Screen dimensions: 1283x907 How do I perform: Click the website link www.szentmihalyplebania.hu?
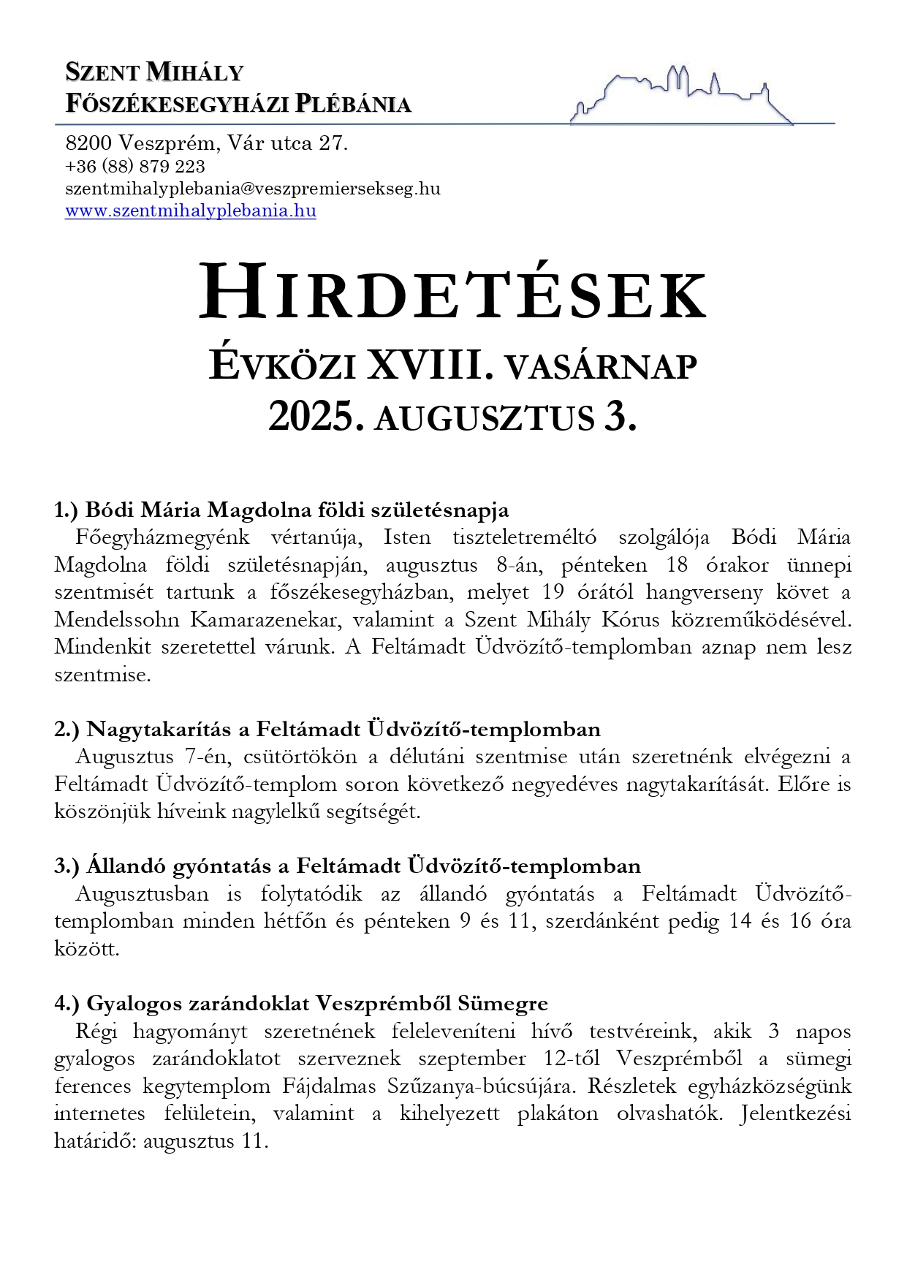tap(190, 211)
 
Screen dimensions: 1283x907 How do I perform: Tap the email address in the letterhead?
tap(252, 189)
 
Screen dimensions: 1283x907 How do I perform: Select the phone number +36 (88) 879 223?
tap(135, 167)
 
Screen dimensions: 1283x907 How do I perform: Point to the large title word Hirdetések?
tap(453, 294)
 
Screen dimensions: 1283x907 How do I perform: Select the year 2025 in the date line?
tap(316, 417)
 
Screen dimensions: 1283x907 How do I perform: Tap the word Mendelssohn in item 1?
tap(117, 620)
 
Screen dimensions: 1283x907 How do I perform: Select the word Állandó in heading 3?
tap(125, 866)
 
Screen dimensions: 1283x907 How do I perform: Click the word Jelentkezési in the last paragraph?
tap(795, 1113)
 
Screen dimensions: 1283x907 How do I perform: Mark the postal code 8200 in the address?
tap(88, 143)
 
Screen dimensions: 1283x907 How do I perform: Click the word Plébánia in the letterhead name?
tap(353, 104)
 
